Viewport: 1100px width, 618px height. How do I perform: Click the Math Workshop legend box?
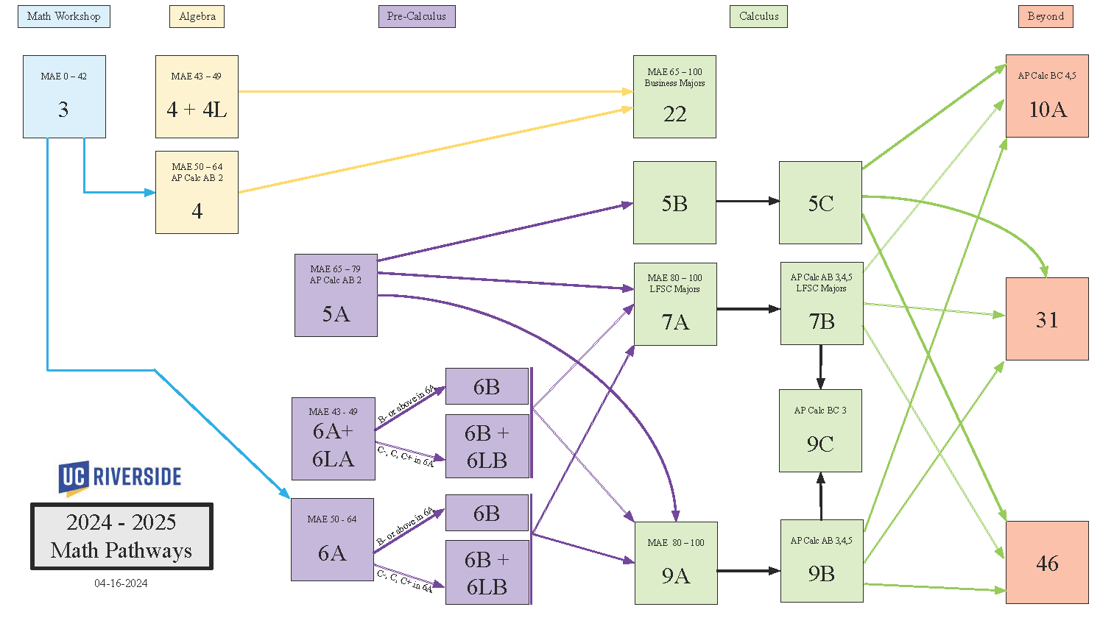coord(64,16)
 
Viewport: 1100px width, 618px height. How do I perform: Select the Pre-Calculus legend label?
coord(417,16)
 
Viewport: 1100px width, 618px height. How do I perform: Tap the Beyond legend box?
coord(1046,16)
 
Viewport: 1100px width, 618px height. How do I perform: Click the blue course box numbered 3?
coord(64,96)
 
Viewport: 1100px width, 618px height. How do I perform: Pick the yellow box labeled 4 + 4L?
coord(197,96)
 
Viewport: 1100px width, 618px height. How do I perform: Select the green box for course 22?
coord(674,96)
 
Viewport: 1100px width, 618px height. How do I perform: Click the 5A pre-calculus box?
coord(336,295)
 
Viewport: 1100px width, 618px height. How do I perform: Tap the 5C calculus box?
coord(820,202)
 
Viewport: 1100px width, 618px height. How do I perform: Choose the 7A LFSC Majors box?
coord(675,304)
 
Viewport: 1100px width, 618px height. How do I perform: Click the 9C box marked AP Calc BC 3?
coord(820,430)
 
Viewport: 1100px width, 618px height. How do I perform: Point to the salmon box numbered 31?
coord(1047,319)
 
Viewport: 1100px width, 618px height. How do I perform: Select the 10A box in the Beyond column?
coord(1047,96)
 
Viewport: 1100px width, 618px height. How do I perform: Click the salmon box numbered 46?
coord(1047,562)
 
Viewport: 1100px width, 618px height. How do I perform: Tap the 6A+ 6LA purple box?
coord(334,438)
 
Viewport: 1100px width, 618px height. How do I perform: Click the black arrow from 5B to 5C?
coord(747,201)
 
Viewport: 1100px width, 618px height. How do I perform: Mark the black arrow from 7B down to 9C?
coord(820,366)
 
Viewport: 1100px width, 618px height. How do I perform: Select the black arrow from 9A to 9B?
coord(748,570)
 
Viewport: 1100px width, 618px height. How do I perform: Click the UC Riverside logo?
coord(120,477)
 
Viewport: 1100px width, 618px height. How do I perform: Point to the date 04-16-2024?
coord(121,583)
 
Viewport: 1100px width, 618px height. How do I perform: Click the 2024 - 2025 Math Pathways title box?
coord(121,536)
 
